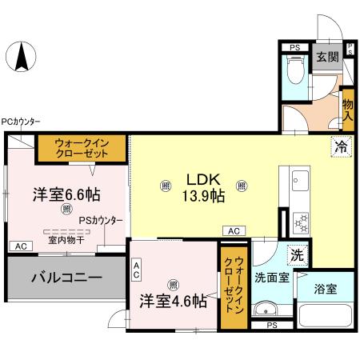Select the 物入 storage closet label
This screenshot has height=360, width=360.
pyautogui.click(x=347, y=103)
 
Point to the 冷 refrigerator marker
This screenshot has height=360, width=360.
pyautogui.click(x=340, y=146)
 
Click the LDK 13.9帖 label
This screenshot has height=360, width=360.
pyautogui.click(x=205, y=187)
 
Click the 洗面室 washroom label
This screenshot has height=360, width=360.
pyautogui.click(x=270, y=279)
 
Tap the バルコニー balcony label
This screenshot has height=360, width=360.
pyautogui.click(x=66, y=278)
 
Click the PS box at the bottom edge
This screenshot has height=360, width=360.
pyautogui.click(x=272, y=325)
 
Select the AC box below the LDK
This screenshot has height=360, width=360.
pyautogui.click(x=234, y=230)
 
